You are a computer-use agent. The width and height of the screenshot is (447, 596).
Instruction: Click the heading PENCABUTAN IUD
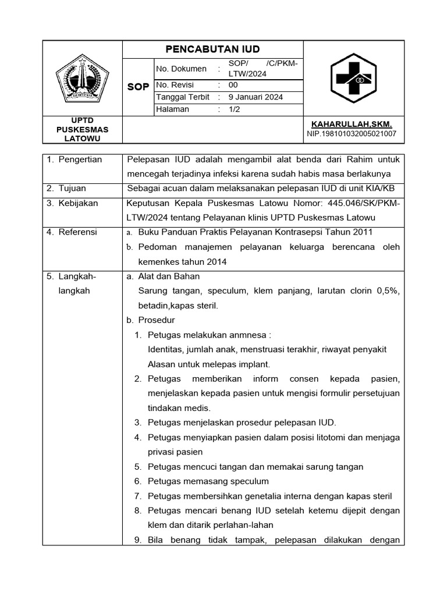point(212,49)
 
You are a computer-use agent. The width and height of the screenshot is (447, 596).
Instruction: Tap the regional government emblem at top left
point(82,77)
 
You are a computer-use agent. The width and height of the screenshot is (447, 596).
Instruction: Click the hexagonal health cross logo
point(354,78)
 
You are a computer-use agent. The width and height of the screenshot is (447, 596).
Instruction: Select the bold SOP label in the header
point(138,87)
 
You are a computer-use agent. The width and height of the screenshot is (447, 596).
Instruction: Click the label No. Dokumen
point(181,69)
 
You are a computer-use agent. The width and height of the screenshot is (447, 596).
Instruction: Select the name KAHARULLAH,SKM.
point(352,125)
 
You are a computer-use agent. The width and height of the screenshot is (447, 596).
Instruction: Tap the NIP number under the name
point(352,134)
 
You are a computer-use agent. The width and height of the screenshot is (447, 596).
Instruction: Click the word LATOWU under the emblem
point(82,139)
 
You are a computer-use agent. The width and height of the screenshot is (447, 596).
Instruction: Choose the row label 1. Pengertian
point(74,159)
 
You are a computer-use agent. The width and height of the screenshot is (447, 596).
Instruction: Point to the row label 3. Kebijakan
point(72,203)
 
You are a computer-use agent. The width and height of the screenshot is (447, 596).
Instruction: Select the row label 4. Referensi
point(72,232)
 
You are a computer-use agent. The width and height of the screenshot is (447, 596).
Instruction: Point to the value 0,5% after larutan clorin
point(386,291)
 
